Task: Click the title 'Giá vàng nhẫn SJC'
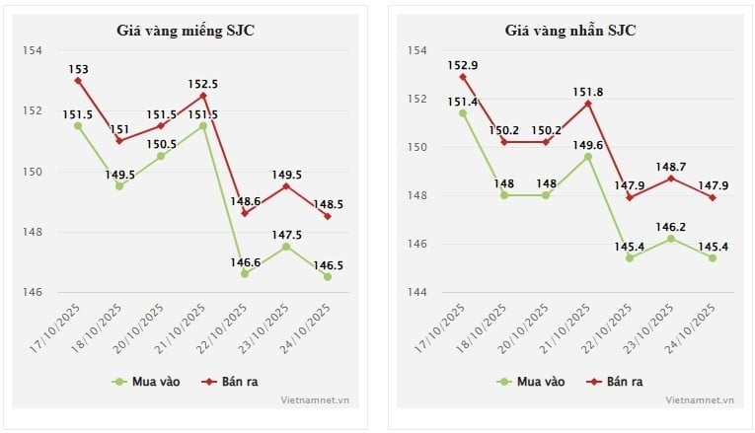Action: coord(569,31)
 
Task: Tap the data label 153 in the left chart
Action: coord(78,69)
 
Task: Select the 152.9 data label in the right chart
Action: coord(462,65)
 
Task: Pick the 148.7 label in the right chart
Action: coord(671,166)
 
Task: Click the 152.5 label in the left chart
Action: coord(203,84)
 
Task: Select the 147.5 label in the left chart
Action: coord(287,234)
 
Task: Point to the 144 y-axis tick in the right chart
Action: coord(416,292)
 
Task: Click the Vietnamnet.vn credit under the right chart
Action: coord(700,400)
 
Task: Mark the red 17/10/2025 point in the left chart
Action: coord(78,80)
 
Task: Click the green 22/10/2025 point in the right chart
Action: coord(629,258)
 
